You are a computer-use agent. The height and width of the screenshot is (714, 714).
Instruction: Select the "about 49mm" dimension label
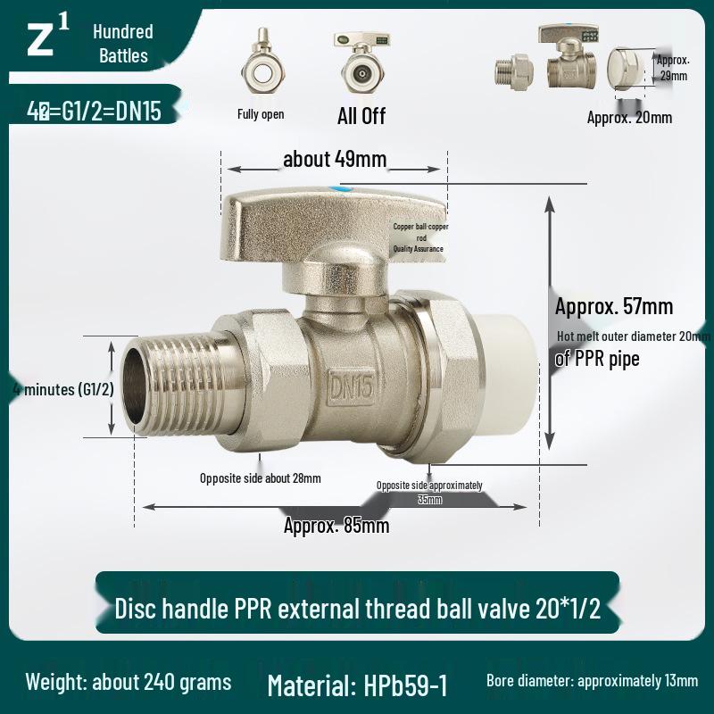335,160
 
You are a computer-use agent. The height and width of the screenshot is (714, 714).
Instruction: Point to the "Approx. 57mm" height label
614,306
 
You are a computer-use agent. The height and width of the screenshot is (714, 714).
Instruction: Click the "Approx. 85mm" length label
336,526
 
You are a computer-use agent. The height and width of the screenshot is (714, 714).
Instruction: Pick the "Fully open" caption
261,114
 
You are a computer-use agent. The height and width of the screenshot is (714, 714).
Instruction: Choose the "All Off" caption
361,115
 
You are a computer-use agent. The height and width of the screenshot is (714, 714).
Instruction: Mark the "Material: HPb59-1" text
357,685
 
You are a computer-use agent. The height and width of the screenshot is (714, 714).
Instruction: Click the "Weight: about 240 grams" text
128,683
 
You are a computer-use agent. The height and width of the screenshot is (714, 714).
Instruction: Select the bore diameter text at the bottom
592,681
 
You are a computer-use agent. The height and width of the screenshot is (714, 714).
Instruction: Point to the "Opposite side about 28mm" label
260,478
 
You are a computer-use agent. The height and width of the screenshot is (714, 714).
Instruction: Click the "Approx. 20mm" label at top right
629,117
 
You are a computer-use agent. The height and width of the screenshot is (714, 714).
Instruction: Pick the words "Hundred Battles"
123,44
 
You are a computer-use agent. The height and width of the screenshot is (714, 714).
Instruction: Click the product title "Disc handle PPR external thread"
357,610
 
